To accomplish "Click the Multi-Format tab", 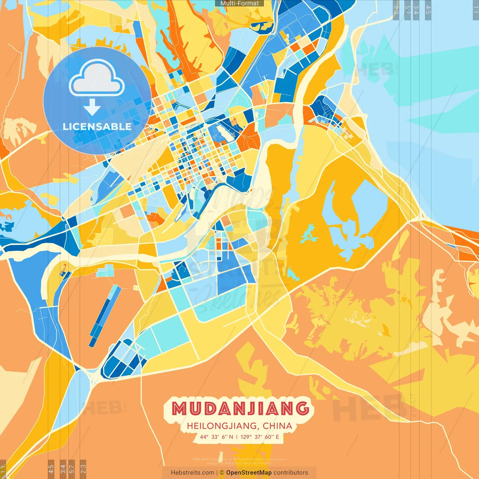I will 239,3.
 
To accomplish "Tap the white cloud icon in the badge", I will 97,79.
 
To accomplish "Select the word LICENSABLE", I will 97,126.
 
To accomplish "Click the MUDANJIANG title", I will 240,408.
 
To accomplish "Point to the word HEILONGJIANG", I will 222,426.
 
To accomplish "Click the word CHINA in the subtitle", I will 277,426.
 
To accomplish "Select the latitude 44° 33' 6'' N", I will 216,437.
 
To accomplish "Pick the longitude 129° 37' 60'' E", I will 260,437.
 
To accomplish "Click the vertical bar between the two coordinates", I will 237,437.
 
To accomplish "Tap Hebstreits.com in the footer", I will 193,473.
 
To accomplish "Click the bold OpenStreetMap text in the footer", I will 249,473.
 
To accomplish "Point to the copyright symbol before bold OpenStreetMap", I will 222,473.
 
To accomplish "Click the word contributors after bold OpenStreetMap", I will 291,473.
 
